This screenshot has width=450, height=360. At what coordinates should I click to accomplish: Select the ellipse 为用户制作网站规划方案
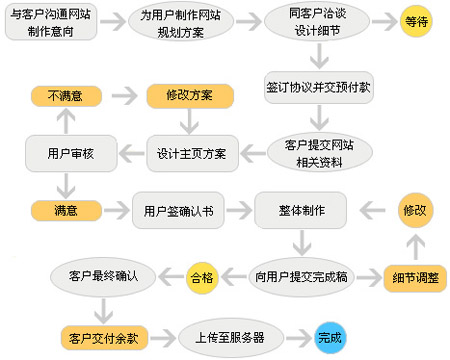point(179,23)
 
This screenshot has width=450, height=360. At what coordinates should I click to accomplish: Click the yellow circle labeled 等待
point(417,21)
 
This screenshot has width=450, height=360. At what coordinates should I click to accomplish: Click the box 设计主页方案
point(191,154)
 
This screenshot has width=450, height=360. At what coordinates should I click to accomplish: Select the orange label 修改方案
point(190,96)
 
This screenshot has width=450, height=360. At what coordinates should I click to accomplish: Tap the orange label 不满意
point(66,96)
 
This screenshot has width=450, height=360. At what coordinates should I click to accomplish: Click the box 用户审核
point(66,154)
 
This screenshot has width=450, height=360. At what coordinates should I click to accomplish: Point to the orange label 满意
point(66,211)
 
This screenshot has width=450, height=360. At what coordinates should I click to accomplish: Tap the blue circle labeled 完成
point(329,337)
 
